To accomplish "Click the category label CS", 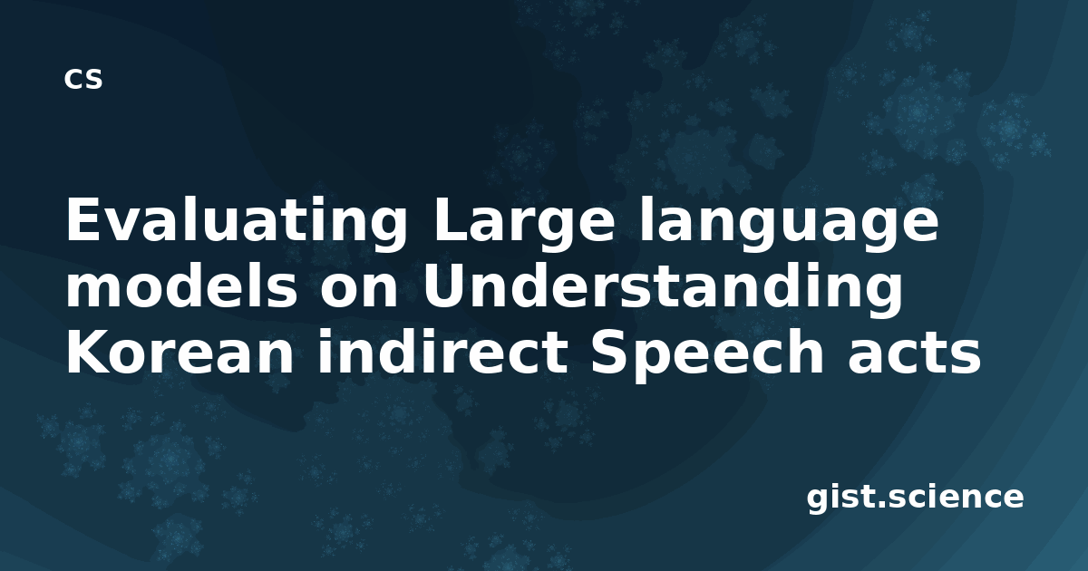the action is pyautogui.click(x=83, y=79).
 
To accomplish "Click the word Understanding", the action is pyautogui.click(x=663, y=290).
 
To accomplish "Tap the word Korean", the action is pyautogui.click(x=180, y=353).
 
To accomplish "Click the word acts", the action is pyautogui.click(x=915, y=354).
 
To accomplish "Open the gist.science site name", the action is pyautogui.click(x=915, y=498).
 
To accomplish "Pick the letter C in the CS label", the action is pyautogui.click(x=73, y=79).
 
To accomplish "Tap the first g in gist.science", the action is pyautogui.click(x=819, y=502).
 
